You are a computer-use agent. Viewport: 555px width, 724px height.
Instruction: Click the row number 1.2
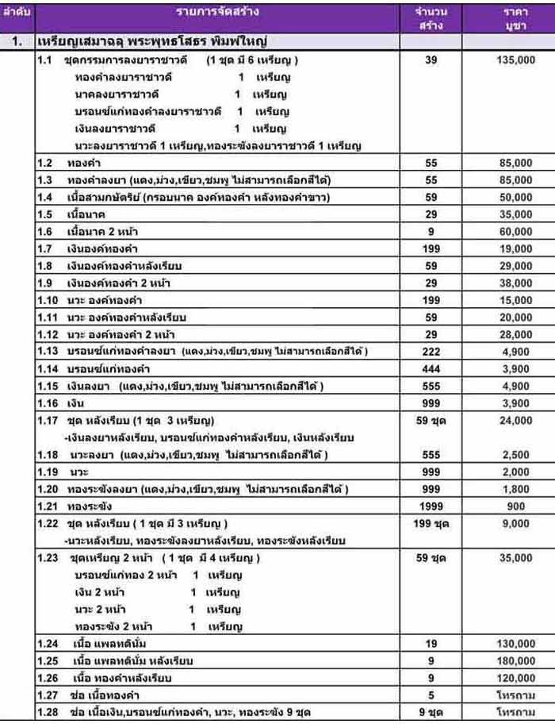pos(45,162)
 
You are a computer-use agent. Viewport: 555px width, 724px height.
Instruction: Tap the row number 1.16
pos(48,404)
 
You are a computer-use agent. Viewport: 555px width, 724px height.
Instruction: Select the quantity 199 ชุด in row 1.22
pos(431,523)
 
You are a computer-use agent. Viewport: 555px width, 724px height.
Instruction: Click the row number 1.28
pos(48,712)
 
